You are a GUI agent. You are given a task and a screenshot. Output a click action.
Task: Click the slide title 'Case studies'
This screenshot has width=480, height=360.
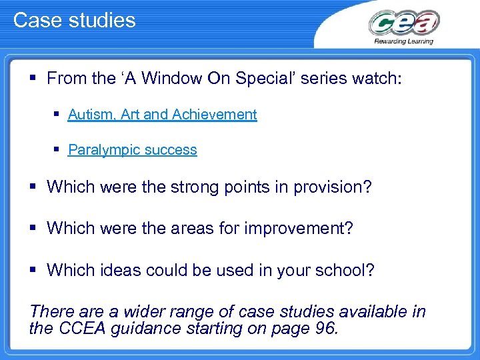(x=74, y=20)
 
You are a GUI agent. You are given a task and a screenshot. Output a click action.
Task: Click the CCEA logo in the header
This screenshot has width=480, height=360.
(x=404, y=24)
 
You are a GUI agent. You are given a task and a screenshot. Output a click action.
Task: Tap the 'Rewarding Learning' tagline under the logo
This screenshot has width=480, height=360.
(x=404, y=41)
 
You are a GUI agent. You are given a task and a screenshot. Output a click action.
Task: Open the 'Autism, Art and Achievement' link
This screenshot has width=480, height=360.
(x=162, y=115)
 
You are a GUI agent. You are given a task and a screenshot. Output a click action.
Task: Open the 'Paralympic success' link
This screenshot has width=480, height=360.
(x=132, y=150)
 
